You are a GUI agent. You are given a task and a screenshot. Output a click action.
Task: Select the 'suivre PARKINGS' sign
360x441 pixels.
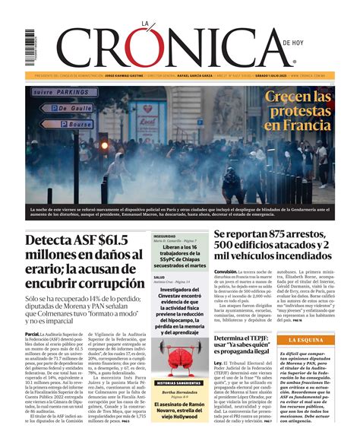tap(65, 93)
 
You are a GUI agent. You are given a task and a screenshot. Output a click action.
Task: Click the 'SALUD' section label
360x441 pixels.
tap(159, 278)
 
